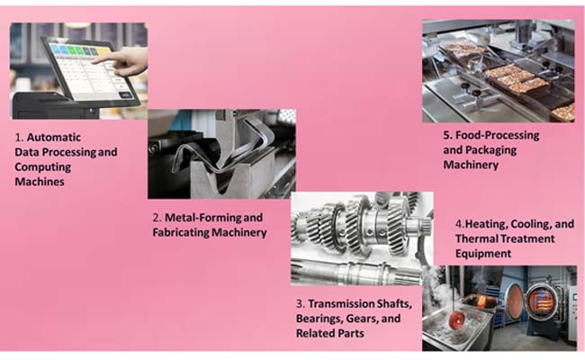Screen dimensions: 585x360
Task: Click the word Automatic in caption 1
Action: [54, 138]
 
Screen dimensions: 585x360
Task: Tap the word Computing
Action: [42, 167]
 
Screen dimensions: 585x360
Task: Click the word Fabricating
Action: [181, 233]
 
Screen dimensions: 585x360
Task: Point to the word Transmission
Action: [340, 303]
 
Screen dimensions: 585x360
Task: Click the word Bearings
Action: [319, 319]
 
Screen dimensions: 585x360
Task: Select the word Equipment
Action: [483, 254]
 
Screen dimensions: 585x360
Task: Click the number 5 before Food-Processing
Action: [446, 135]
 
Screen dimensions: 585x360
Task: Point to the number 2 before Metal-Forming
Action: [157, 218]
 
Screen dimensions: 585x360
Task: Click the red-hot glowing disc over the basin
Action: [456, 319]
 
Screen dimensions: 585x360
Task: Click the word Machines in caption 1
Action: [40, 182]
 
